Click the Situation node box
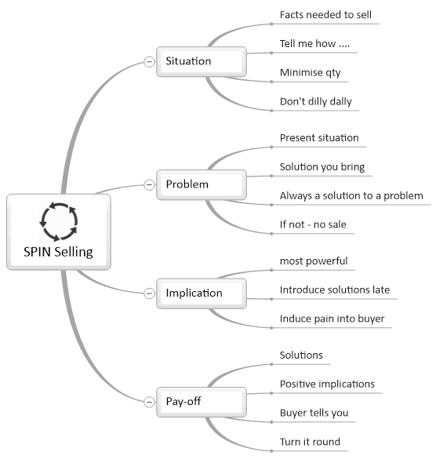(202, 61)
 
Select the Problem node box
(202, 184)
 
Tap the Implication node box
(202, 293)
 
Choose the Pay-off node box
(202, 402)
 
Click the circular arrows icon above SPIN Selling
(59, 221)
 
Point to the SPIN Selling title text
(58, 252)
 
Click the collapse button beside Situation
(149, 62)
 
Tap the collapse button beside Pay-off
(149, 402)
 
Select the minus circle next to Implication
(149, 293)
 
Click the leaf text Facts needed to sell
(325, 15)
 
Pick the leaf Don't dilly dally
(316, 101)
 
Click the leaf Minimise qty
(310, 73)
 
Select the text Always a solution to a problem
(351, 195)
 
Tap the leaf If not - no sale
(313, 224)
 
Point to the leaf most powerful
(314, 261)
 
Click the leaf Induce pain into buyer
(332, 319)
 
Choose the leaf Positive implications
(327, 384)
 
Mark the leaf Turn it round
(310, 442)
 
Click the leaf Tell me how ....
(314, 44)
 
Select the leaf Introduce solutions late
(335, 290)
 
